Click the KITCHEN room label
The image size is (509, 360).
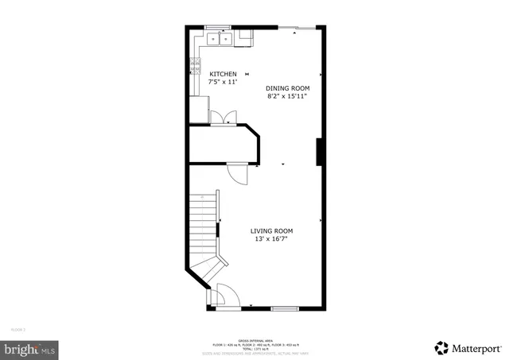pos(223,74)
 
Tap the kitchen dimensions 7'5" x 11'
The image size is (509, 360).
pos(223,82)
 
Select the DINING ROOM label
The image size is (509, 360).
pos(287,88)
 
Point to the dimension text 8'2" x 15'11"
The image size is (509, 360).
pos(287,96)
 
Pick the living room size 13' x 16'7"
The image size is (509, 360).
pos(272,239)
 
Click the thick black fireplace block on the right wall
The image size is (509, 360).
pos(319,152)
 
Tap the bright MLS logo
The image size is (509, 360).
pos(30,347)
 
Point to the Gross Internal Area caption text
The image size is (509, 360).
pos(254,340)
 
